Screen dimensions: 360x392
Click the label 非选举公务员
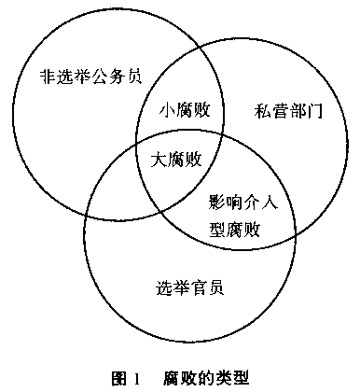(x=91, y=77)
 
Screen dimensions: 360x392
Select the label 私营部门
(x=288, y=111)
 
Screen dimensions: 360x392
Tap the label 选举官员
(x=189, y=287)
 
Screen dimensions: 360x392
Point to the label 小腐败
(x=185, y=109)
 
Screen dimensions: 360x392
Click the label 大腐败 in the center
(x=176, y=159)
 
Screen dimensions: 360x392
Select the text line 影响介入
(x=242, y=203)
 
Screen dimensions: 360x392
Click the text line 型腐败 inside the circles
(x=234, y=230)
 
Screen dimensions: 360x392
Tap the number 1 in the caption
(x=136, y=379)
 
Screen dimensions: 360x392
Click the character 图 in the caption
(x=118, y=379)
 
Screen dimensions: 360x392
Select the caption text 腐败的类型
(x=205, y=379)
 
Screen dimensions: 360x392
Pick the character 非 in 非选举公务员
(x=48, y=77)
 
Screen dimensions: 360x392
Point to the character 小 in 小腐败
(x=168, y=110)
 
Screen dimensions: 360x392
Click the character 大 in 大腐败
(x=159, y=160)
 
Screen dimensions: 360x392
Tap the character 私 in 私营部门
(x=263, y=111)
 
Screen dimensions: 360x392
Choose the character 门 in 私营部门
(x=314, y=111)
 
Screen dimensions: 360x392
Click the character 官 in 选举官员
(x=199, y=287)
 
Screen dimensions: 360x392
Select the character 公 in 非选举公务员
(x=100, y=77)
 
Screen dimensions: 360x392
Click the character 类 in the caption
(x=223, y=379)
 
